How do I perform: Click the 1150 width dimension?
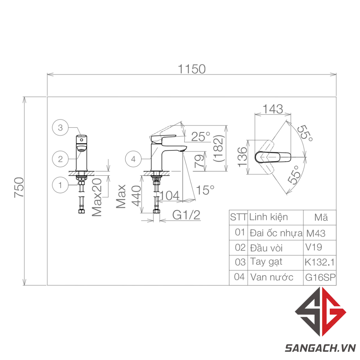tap(192, 69)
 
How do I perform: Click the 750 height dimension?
tap(19, 187)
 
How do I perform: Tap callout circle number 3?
tap(60, 127)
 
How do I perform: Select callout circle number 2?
tap(60, 159)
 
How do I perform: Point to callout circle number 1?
tap(60, 185)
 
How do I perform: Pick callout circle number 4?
tap(134, 159)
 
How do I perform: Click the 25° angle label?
tap(201, 136)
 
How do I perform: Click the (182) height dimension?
tap(219, 148)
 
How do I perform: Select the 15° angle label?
tap(205, 190)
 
